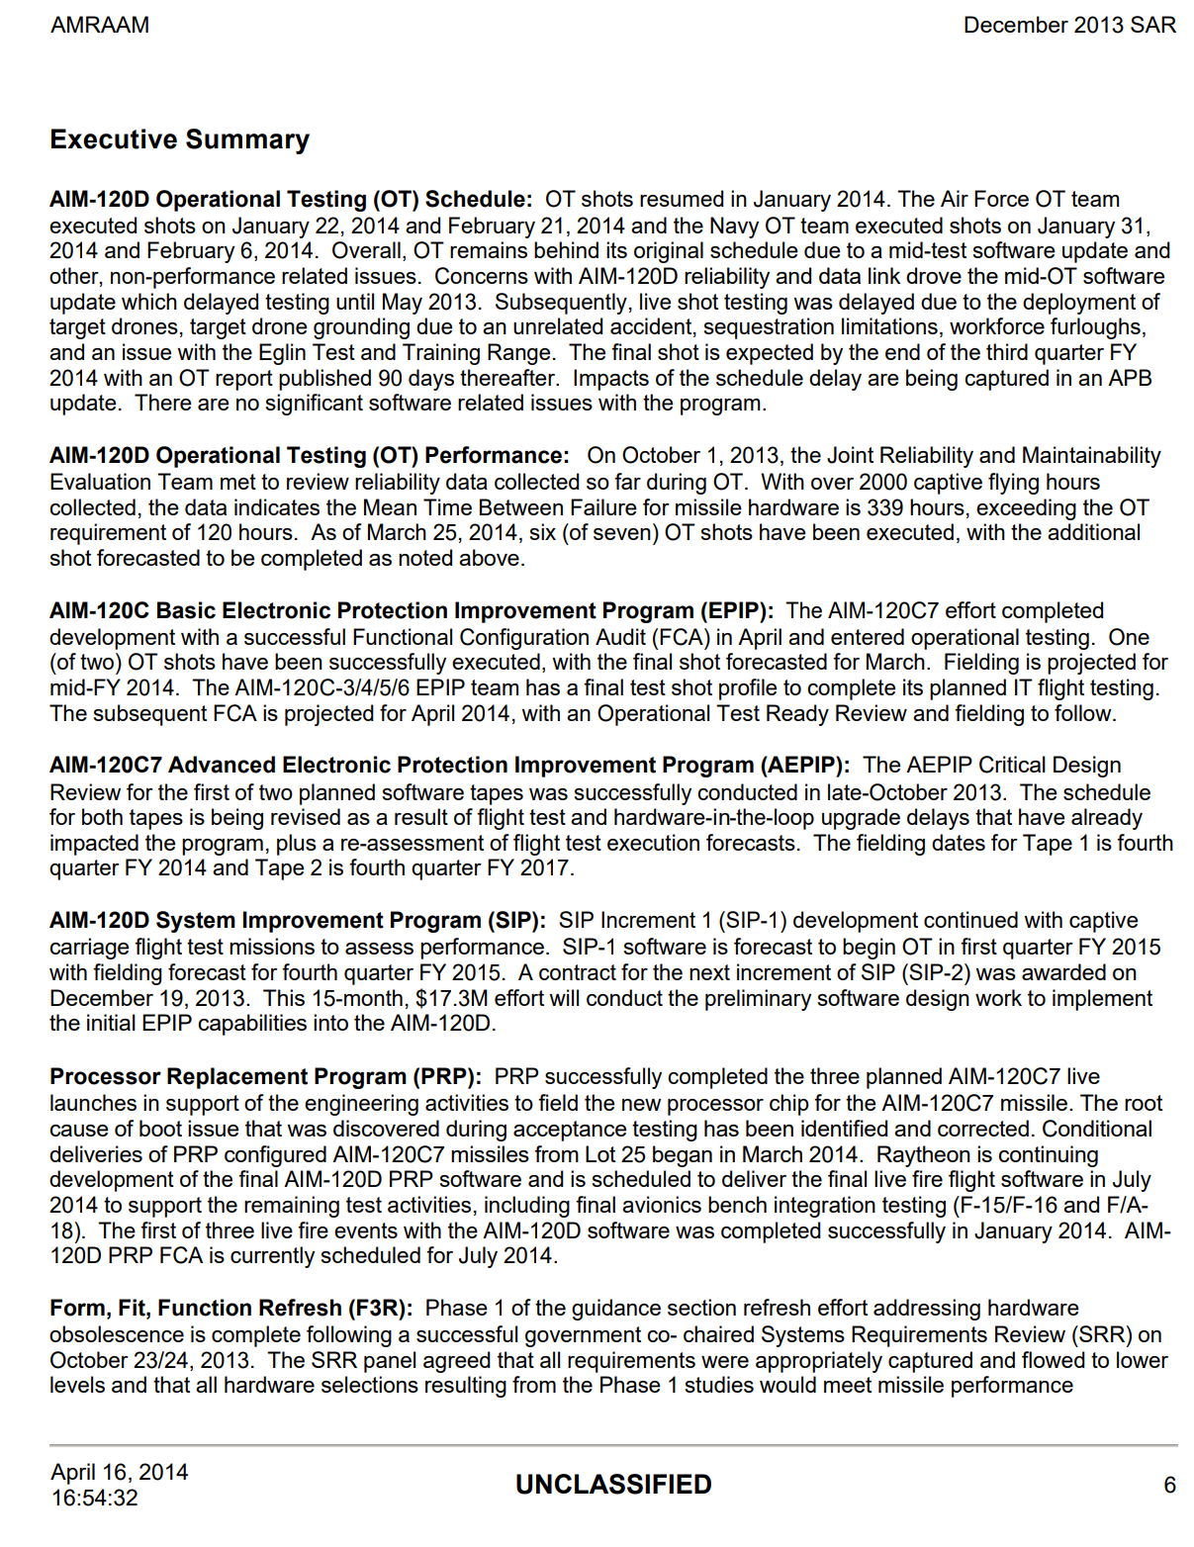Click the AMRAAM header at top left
pos(100,26)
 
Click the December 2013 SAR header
pos(1069,26)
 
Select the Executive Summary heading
pos(180,139)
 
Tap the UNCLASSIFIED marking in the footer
pos(613,1485)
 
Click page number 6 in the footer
pos(1169,1485)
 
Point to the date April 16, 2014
pos(120,1472)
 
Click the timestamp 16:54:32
pos(95,1498)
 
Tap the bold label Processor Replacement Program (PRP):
pos(265,1076)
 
